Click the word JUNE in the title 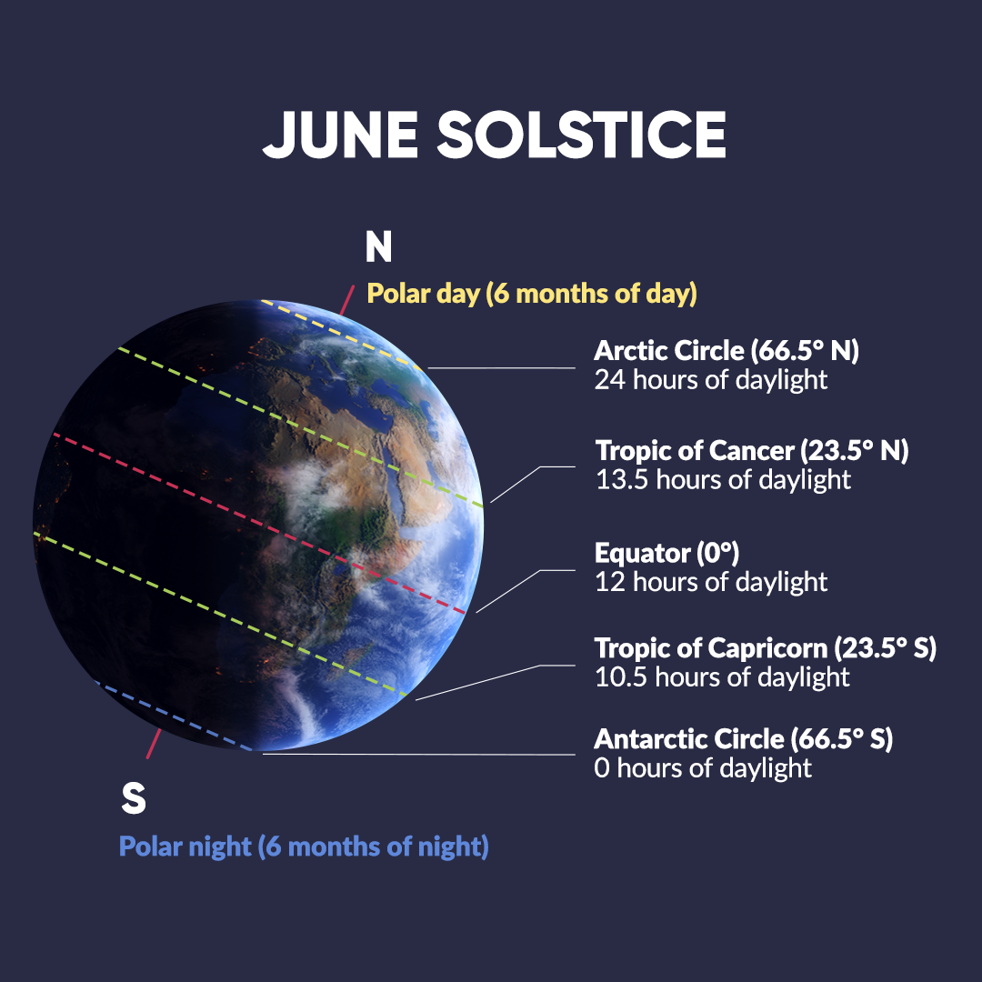[x=341, y=135]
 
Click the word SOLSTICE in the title [x=582, y=135]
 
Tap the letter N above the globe [x=379, y=246]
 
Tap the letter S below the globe [x=134, y=798]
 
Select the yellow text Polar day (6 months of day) [x=532, y=293]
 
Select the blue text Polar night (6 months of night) [x=304, y=847]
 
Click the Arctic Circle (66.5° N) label [x=726, y=351]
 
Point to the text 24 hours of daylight [x=711, y=379]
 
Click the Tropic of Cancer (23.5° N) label [x=752, y=451]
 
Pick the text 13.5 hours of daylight [x=723, y=480]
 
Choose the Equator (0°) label [x=667, y=553]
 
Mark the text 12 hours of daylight [x=711, y=582]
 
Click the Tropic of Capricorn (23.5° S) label [x=766, y=648]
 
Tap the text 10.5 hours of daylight [x=722, y=677]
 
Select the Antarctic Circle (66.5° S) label [x=744, y=739]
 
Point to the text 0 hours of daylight [x=703, y=767]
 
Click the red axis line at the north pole [x=347, y=300]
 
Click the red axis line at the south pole [x=154, y=744]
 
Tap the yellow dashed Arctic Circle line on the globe [x=341, y=335]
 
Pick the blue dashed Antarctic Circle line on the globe [x=174, y=716]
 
